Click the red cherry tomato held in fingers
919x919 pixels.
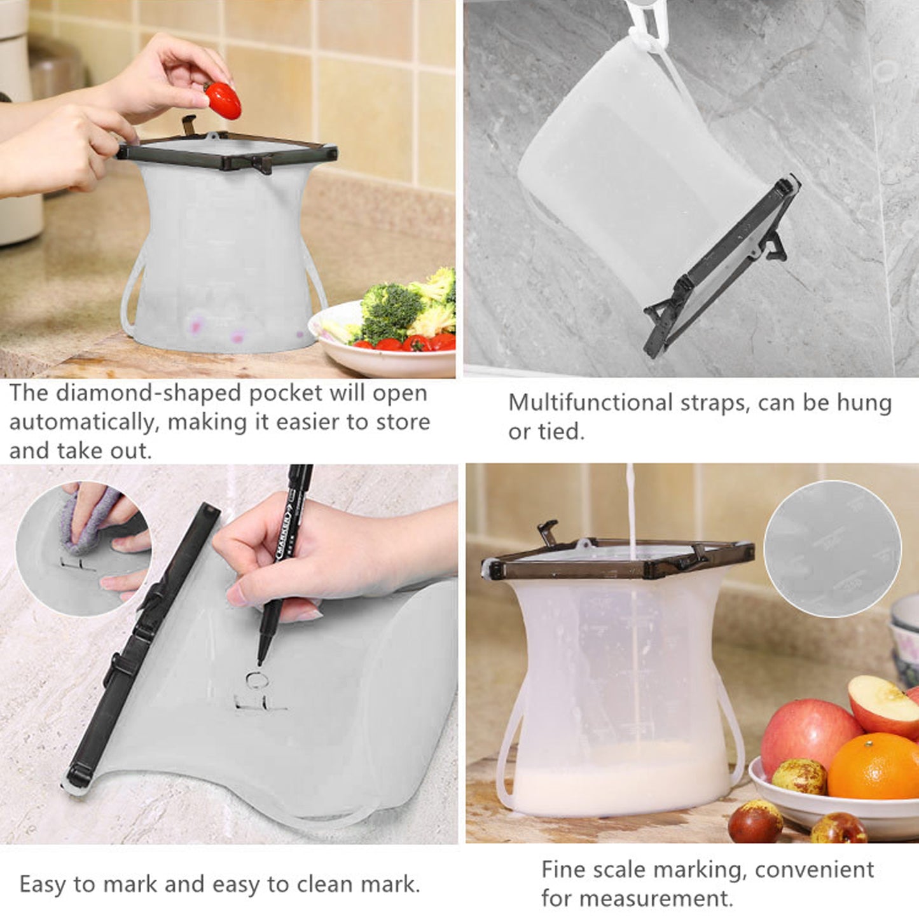[x=223, y=100]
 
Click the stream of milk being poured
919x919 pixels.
[x=632, y=509]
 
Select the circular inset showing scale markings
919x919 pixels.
[x=833, y=549]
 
